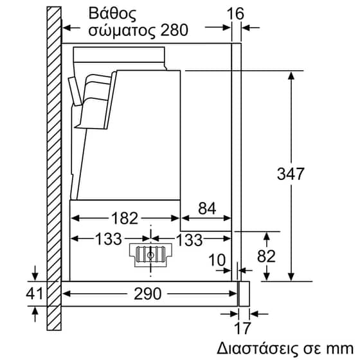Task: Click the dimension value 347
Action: click(292, 174)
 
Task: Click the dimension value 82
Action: click(265, 256)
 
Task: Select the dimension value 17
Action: click(241, 330)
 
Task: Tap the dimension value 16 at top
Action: click(239, 12)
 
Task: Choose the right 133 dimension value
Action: click(190, 239)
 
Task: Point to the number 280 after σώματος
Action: click(174, 30)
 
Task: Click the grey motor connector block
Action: click(151, 254)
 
